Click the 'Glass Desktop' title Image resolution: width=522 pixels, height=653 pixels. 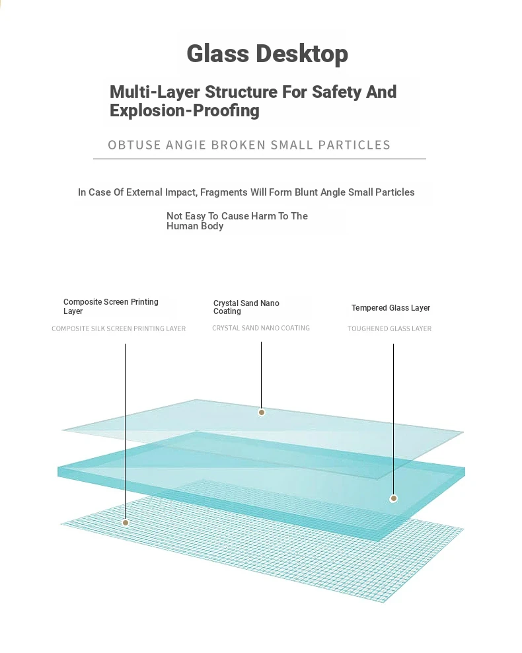click(x=267, y=54)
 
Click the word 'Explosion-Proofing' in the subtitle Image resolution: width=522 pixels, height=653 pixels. click(x=184, y=111)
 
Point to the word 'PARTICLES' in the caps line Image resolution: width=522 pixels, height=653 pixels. click(x=354, y=145)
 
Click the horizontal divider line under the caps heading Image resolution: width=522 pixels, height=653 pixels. click(x=259, y=159)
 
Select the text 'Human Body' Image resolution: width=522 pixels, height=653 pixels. click(x=195, y=226)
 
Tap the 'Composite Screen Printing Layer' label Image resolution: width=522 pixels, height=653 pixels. click(x=111, y=307)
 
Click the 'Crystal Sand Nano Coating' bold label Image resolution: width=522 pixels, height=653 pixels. click(x=246, y=307)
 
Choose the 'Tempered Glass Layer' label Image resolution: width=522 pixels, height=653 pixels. click(x=391, y=308)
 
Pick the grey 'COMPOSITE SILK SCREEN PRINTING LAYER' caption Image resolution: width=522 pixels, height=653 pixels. click(x=119, y=328)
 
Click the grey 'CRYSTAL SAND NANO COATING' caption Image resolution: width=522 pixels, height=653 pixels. click(x=261, y=328)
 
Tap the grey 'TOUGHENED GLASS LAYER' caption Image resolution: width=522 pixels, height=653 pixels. click(x=390, y=328)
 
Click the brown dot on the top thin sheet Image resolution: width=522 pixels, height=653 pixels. click(x=262, y=412)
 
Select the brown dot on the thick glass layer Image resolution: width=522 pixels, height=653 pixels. click(x=393, y=498)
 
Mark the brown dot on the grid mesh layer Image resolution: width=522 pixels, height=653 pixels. click(x=126, y=523)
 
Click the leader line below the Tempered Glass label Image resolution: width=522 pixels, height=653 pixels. click(x=393, y=419)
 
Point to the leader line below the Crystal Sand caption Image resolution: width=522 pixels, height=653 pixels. click(x=262, y=375)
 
